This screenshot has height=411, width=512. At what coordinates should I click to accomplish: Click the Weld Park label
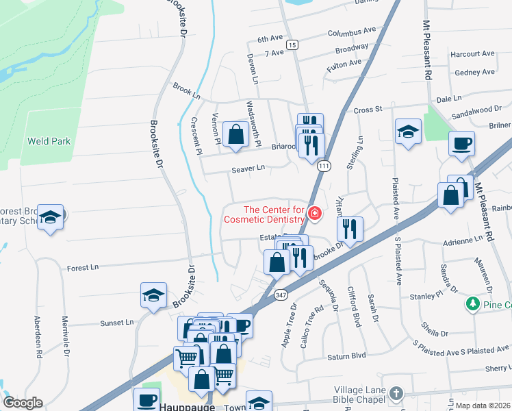[x=49, y=142]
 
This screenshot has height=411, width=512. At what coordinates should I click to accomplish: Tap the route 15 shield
[x=292, y=45]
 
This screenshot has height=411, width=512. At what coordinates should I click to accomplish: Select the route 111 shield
[x=324, y=166]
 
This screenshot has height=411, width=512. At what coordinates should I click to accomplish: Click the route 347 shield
[x=281, y=295]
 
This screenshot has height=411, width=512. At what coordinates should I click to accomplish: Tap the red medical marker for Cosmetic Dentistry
[x=314, y=214]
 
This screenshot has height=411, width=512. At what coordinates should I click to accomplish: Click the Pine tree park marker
[x=472, y=303]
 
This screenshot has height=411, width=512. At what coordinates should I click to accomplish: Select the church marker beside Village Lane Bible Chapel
[x=396, y=393]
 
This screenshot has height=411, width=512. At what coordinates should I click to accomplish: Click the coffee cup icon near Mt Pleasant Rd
[x=461, y=144]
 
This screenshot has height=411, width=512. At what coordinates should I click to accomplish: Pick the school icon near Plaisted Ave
[x=408, y=132]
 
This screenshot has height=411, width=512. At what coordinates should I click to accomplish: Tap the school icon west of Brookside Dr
[x=153, y=295]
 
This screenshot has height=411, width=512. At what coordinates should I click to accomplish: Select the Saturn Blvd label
[x=349, y=356]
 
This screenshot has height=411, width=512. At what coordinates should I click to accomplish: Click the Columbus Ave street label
[x=352, y=32]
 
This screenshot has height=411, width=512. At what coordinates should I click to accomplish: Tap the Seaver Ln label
[x=248, y=168]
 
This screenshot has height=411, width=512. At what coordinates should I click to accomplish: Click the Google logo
[x=22, y=403]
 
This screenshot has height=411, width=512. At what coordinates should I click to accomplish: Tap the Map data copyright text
[x=483, y=406]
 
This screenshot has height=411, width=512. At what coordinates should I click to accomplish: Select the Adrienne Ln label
[x=463, y=241]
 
